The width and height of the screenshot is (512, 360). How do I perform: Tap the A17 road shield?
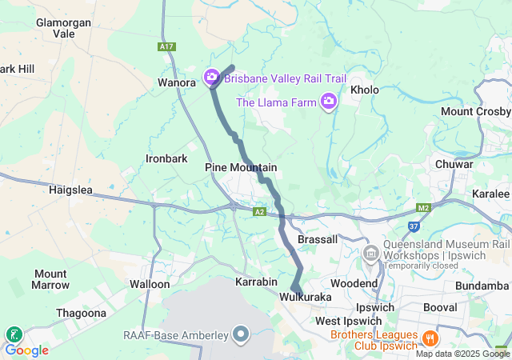tap(166, 47)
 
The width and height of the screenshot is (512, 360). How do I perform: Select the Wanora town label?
tap(177, 82)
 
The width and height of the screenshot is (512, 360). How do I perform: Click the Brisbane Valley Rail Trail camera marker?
tap(212, 78)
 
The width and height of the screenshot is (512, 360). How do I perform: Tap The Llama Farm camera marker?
tap(328, 101)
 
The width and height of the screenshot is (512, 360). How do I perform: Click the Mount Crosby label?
tap(475, 111)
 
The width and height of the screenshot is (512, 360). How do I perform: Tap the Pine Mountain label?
tap(241, 167)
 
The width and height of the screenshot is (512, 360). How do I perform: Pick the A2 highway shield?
tap(259, 212)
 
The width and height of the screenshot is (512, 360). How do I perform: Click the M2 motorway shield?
tap(424, 209)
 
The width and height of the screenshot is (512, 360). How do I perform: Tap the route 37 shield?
tap(414, 226)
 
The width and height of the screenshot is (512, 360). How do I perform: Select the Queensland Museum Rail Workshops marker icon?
tap(370, 254)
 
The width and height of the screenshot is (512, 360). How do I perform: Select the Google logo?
tap(26, 350)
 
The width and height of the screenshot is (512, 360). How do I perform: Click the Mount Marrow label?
tap(50, 279)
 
